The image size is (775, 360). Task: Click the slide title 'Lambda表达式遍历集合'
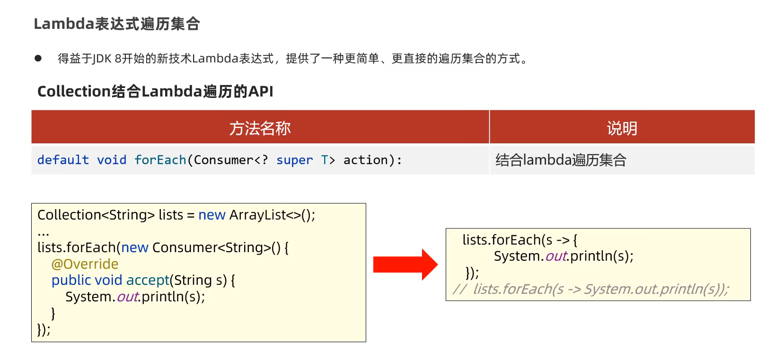(117, 24)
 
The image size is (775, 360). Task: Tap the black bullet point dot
(38, 58)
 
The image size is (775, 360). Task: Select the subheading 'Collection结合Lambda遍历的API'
(155, 91)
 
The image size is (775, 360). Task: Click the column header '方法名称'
(260, 128)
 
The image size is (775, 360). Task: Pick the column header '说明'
(622, 128)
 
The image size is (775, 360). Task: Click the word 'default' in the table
(63, 160)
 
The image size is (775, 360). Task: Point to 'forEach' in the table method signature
(160, 160)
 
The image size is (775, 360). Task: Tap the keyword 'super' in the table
(294, 160)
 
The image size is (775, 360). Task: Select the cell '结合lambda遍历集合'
(561, 160)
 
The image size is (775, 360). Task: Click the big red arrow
(405, 264)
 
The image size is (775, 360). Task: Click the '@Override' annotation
(85, 264)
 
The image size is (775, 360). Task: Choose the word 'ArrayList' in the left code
(258, 215)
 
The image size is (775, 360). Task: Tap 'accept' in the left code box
(148, 281)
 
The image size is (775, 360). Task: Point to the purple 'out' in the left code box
(127, 297)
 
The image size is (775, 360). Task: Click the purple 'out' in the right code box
(556, 256)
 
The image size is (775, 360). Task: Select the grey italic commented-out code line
(591, 289)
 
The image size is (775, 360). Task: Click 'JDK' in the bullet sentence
(102, 59)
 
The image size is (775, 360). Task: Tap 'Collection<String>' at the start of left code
(96, 215)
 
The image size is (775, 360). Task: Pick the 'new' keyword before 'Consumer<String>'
(135, 248)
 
